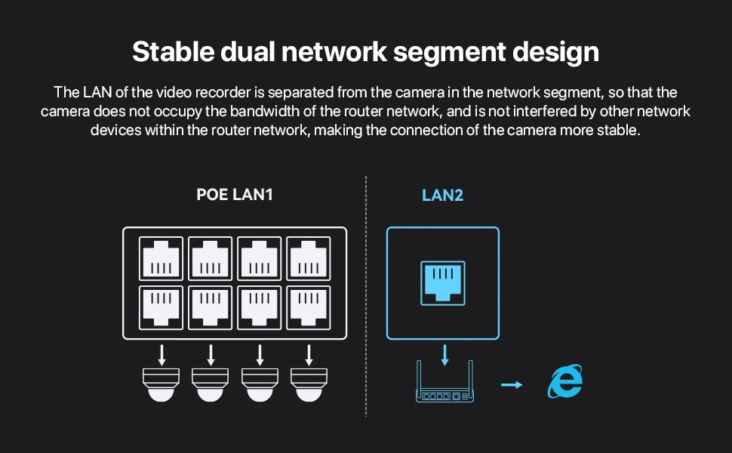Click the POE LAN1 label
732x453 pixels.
pyautogui.click(x=234, y=195)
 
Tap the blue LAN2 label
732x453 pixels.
pyautogui.click(x=442, y=195)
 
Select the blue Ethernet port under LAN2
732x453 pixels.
pyautogui.click(x=442, y=282)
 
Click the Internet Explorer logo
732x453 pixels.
pyautogui.click(x=565, y=382)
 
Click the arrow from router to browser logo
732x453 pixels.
pyautogui.click(x=512, y=385)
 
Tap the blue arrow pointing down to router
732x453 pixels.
pyautogui.click(x=444, y=354)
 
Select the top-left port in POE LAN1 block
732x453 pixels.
pyautogui.click(x=161, y=258)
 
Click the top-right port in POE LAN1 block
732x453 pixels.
pyautogui.click(x=309, y=258)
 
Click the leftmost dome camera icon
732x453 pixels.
pyautogui.click(x=161, y=384)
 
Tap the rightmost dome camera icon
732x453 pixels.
pyautogui.click(x=309, y=384)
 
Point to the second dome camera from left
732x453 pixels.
pyautogui.click(x=211, y=384)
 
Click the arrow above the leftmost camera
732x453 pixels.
pyautogui.click(x=161, y=355)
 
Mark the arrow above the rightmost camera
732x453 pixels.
pyautogui.click(x=309, y=355)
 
